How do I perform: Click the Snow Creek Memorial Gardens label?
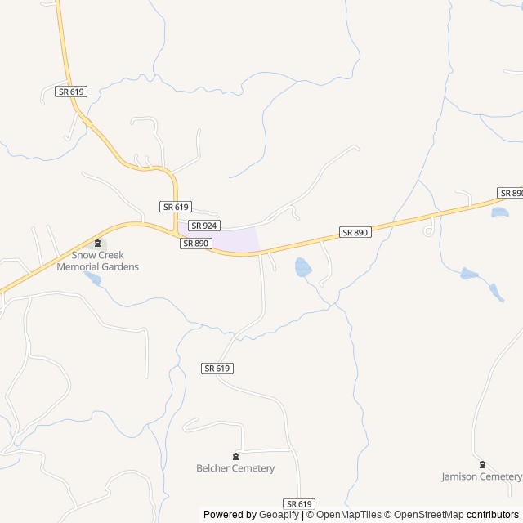(x=98, y=261)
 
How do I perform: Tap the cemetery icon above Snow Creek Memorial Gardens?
(x=98, y=244)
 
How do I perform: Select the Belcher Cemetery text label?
(x=235, y=468)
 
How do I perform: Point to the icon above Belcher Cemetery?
(x=235, y=455)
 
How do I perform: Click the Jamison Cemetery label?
(x=481, y=476)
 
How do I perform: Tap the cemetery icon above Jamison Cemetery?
(x=481, y=464)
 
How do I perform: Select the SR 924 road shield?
(x=204, y=225)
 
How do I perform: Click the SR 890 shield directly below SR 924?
(x=196, y=243)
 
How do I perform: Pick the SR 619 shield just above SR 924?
(x=176, y=207)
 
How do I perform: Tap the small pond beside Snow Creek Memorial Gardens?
(x=93, y=279)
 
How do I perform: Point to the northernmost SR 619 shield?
(x=72, y=92)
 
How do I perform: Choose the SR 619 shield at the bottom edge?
(x=300, y=504)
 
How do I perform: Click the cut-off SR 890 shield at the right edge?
(x=511, y=193)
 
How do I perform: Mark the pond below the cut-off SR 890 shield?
(x=499, y=212)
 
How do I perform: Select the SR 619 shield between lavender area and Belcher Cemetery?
(x=217, y=369)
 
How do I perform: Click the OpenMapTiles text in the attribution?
(x=350, y=515)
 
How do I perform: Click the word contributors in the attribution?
(x=493, y=515)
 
